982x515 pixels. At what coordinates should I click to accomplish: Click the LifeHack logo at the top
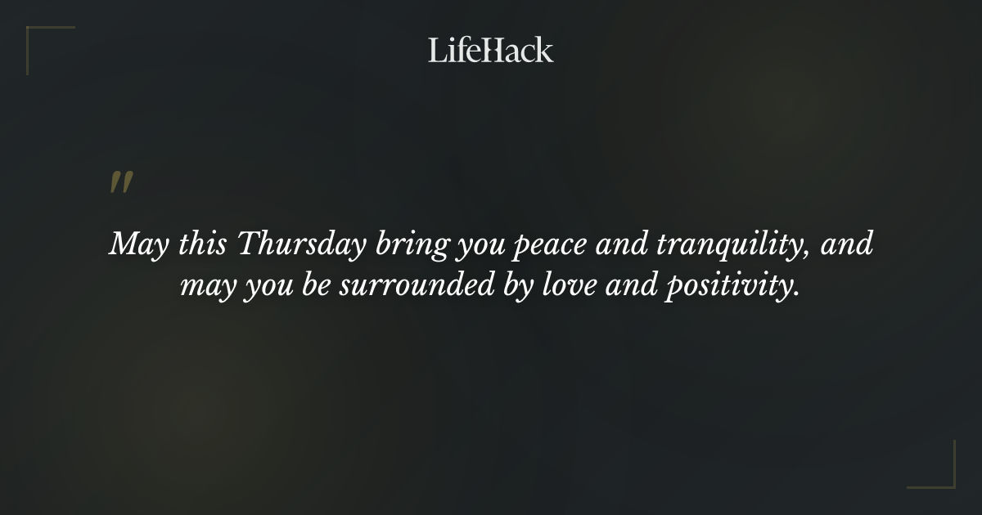pyautogui.click(x=491, y=50)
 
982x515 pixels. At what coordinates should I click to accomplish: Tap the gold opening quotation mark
pyautogui.click(x=121, y=183)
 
